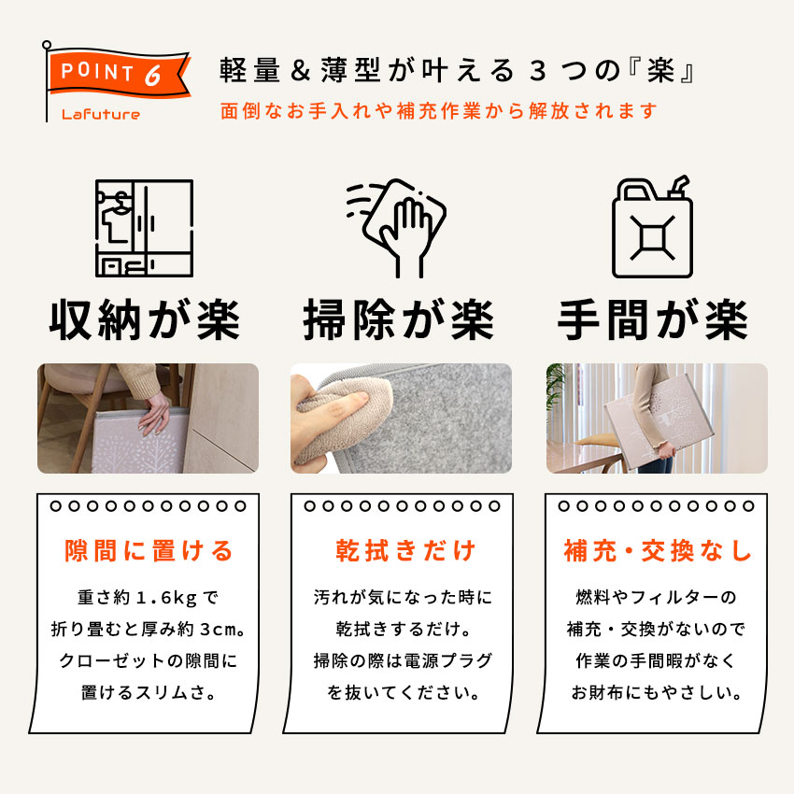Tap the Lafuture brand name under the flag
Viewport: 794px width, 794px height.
click(101, 115)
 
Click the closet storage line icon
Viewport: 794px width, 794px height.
click(144, 228)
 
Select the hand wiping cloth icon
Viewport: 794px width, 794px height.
click(396, 228)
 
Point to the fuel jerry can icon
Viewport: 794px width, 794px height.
click(652, 227)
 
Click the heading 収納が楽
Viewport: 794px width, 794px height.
click(144, 320)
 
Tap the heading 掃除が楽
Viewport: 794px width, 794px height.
click(399, 320)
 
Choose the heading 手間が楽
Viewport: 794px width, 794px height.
click(653, 320)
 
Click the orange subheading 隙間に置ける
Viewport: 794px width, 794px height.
click(149, 550)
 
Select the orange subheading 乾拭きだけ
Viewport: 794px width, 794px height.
click(405, 550)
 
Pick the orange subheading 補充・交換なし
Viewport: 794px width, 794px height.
click(658, 550)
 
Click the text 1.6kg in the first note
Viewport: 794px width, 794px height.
click(166, 598)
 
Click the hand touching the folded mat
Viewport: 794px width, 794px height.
click(155, 412)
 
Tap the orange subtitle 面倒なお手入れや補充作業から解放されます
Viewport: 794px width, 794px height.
click(439, 111)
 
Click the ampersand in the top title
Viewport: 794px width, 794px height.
click(300, 70)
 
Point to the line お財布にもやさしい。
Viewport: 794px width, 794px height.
click(657, 692)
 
